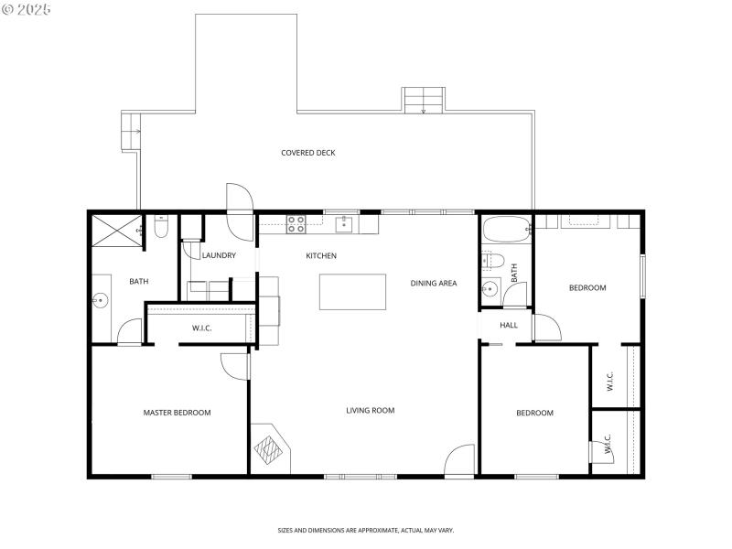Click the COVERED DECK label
(307, 153)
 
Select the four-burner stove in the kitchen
(297, 223)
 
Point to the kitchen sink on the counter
(346, 223)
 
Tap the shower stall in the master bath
(113, 229)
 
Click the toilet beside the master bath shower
(161, 226)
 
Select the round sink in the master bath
(100, 299)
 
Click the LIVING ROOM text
(371, 411)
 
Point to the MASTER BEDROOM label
(177, 413)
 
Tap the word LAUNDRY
(219, 256)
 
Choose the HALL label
(509, 325)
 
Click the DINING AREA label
(433, 284)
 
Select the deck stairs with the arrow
(424, 100)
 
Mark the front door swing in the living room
(459, 460)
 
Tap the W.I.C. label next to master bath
(202, 328)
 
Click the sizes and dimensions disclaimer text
(366, 530)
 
